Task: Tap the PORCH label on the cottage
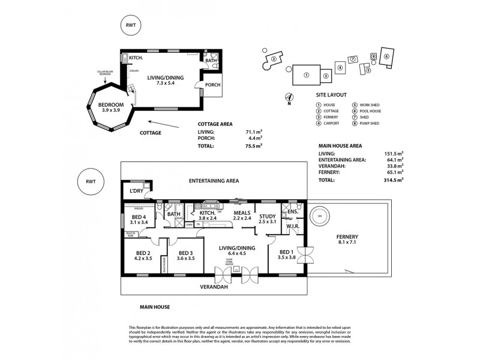(x=212, y=85)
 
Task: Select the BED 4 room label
(x=139, y=220)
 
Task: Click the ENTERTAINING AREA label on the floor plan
(x=214, y=180)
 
